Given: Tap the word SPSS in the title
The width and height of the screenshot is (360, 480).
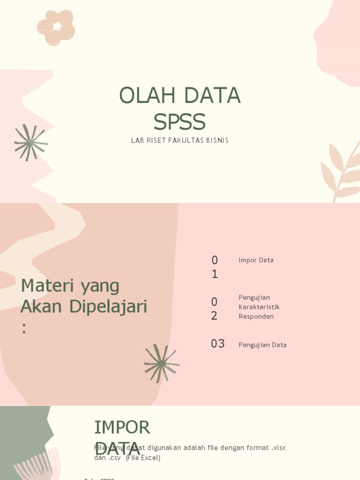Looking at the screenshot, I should tap(180, 122).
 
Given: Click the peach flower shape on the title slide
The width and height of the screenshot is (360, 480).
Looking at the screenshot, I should tap(56, 27).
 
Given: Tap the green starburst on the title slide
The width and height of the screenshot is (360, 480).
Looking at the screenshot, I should tap(30, 142).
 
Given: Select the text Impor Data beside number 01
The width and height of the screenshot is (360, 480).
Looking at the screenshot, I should tap(256, 260).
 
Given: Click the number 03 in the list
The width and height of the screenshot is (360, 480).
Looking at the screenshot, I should tap(217, 344).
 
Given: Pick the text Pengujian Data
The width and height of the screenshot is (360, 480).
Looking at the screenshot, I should tap(262, 345).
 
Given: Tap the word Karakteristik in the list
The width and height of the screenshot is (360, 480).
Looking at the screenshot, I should tap(259, 307).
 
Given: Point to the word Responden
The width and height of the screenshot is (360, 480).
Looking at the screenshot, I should tap(256, 316).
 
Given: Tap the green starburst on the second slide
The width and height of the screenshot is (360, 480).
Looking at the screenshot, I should tap(162, 363).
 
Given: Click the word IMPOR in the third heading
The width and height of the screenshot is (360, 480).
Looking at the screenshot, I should tap(122, 427).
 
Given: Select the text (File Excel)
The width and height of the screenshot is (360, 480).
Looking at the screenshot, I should tap(143, 457).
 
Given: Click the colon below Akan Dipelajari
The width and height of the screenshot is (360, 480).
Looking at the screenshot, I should tap(24, 329).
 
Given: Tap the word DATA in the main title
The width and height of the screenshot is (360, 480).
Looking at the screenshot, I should tap(212, 96).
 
